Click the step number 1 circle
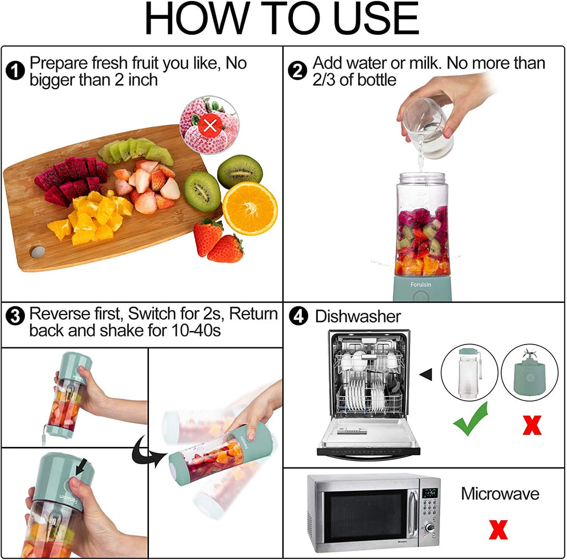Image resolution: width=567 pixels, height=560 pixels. coord(16,71)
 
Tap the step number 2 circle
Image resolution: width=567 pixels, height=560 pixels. coord(298,71)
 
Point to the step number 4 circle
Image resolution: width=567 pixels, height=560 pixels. coord(298,316)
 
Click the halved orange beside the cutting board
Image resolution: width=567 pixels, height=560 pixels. coord(250,208)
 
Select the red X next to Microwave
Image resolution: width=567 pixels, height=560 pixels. coord(498,529)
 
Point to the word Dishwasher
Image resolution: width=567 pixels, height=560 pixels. coord(358,317)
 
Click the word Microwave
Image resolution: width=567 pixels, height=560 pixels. coord(499,494)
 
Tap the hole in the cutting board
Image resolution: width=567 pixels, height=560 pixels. coord(38,252)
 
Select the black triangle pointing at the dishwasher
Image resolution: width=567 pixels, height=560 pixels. coord(426,375)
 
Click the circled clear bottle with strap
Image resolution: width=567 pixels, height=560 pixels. coord(468,373)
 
